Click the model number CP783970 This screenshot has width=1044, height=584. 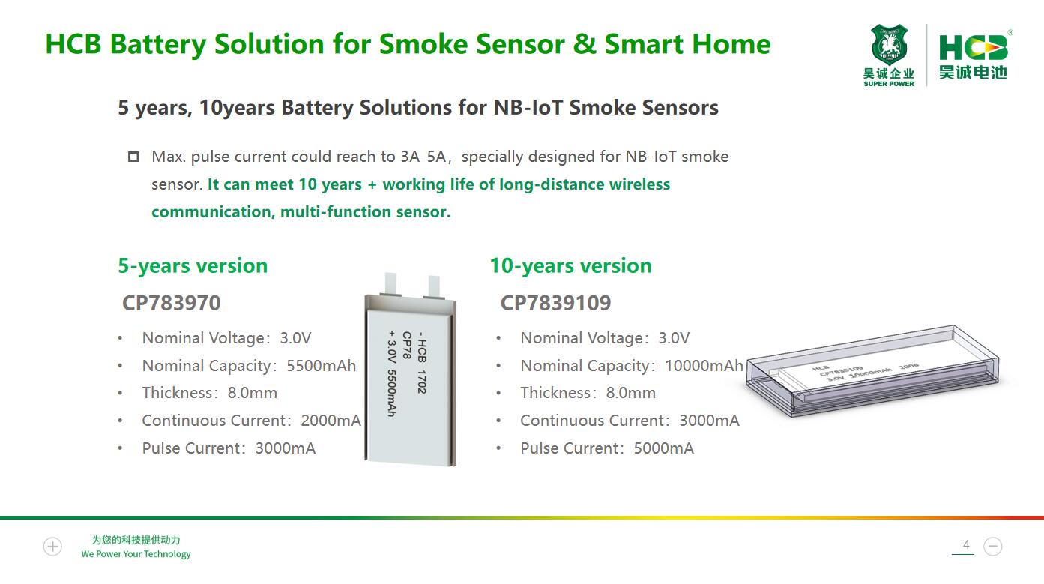click(171, 303)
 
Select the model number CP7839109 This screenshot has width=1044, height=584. click(555, 303)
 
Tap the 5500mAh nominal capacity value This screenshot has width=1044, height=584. click(321, 365)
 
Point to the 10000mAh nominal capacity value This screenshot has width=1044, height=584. click(704, 365)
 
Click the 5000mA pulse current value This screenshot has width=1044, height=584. click(664, 448)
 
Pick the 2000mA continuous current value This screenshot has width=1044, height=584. click(331, 421)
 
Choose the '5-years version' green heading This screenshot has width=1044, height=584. click(193, 265)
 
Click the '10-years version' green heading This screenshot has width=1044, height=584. click(570, 265)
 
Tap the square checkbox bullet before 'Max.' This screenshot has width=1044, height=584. click(133, 157)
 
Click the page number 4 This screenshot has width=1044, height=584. click(966, 544)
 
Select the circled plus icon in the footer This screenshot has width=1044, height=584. click(52, 547)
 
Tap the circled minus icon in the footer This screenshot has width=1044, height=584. click(993, 547)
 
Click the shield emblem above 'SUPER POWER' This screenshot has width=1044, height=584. click(889, 44)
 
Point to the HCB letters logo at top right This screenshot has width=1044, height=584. click(973, 47)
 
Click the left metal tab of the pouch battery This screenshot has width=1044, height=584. click(390, 284)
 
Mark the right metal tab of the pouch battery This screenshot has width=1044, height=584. click(434, 286)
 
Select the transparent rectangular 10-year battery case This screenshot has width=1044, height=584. click(872, 370)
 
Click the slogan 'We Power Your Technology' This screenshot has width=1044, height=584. click(136, 554)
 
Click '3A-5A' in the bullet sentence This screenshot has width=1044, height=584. click(423, 157)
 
